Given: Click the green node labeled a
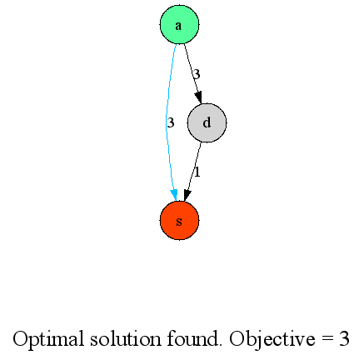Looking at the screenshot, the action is tap(179, 24).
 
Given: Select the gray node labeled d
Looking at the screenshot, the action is tap(207, 122).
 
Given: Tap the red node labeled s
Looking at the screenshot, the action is tap(179, 221).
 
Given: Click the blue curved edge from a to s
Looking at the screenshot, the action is tap(167, 122).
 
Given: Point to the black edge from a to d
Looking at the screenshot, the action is tap(192, 73).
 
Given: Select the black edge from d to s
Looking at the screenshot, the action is tap(193, 171).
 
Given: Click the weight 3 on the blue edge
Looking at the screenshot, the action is tap(171, 122).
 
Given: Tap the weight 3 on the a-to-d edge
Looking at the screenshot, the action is tap(197, 74).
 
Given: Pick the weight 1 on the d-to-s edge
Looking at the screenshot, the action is tap(197, 172).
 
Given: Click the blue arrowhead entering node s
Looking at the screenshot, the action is tap(174, 195).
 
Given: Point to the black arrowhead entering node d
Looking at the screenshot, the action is tap(198, 98).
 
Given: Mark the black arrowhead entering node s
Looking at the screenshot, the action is tap(187, 195).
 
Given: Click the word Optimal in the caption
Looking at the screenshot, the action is tap(48, 339).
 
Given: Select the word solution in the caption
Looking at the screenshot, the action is tap(125, 338).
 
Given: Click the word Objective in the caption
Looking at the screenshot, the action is tap(272, 339).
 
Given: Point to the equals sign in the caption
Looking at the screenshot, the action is tap(327, 339).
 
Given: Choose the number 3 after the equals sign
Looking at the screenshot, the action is tap(344, 338).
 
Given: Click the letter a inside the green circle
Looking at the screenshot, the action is tap(178, 26).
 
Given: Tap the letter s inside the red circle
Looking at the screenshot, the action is tap(179, 222).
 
